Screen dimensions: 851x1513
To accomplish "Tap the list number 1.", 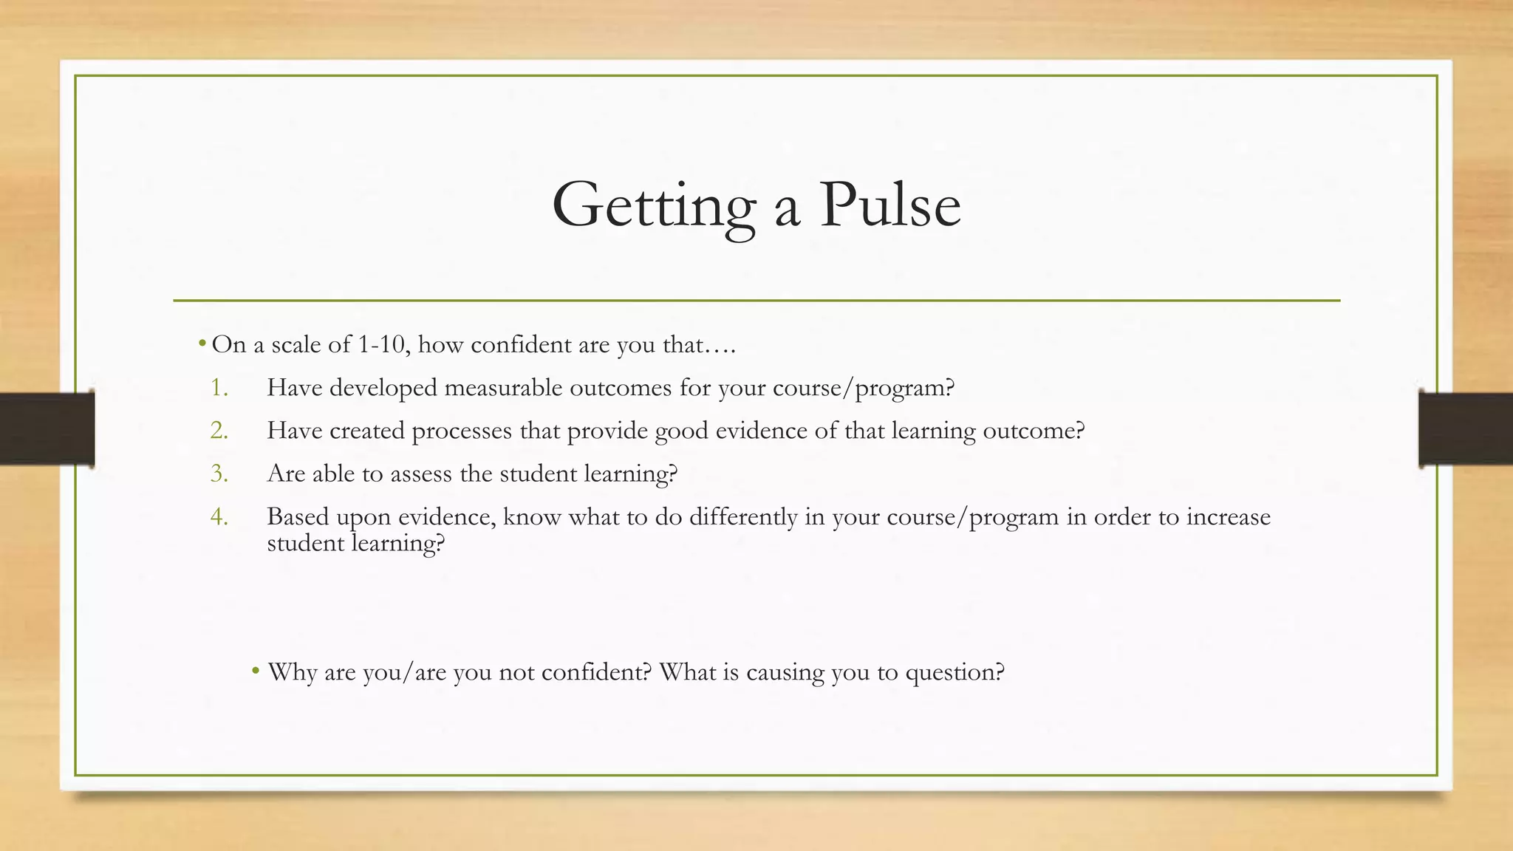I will (x=219, y=387).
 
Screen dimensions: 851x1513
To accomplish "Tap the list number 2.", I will (x=219, y=430).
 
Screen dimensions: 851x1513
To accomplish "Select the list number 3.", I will (x=219, y=473).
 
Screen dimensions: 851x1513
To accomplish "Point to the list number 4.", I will (x=219, y=516).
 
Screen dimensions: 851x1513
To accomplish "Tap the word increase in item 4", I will (x=1229, y=516).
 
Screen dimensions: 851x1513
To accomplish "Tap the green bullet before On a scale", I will (x=202, y=344).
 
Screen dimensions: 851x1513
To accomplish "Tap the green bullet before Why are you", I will (x=256, y=671).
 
